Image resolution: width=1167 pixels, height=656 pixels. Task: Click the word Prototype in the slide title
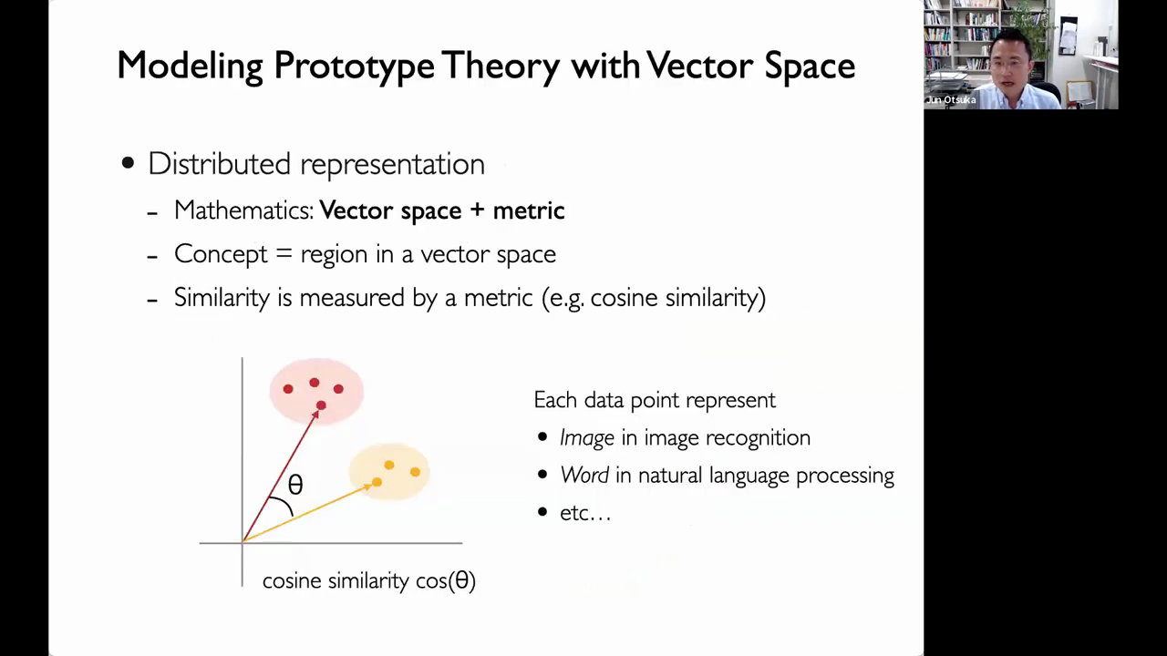pos(355,67)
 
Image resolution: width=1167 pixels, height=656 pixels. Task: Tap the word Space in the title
pos(810,67)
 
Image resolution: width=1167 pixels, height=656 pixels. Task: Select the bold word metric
pos(529,210)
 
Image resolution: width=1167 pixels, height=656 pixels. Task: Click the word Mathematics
pos(243,210)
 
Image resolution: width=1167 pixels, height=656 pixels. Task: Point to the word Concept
pos(221,254)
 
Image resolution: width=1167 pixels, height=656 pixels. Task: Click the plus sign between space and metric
pos(477,210)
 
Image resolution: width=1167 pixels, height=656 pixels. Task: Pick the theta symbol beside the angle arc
pos(295,485)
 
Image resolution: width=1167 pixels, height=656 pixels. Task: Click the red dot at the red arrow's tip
pos(321,405)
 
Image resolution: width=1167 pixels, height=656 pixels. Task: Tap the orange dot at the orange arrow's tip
pos(377,482)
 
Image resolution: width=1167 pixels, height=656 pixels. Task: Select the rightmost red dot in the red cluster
pos(338,389)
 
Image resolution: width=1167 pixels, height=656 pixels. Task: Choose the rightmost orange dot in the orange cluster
pos(415,472)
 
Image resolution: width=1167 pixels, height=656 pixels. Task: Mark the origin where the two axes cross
pos(243,543)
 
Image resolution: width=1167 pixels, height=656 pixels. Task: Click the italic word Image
pos(587,438)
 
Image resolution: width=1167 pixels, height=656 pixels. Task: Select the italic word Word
pos(584,476)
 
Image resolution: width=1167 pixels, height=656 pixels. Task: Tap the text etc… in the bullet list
pos(585,513)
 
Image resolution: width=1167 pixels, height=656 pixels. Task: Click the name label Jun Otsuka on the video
pos(951,100)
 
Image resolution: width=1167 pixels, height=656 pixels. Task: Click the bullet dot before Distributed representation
pos(128,163)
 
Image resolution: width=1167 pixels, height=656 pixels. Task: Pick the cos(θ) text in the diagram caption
pos(446,580)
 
